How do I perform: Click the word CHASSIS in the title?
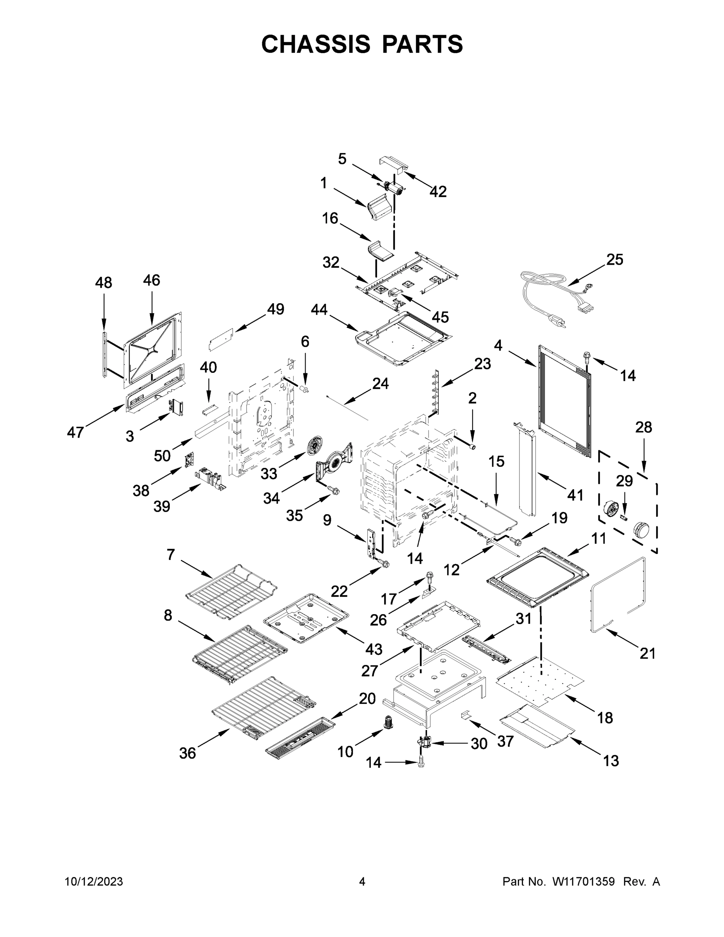(316, 44)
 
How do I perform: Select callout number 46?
(151, 280)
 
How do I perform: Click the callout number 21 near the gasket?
(648, 654)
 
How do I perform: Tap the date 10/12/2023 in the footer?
(94, 882)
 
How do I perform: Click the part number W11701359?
(583, 882)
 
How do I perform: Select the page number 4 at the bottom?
(362, 882)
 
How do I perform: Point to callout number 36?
(187, 753)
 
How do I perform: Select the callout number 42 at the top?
(438, 192)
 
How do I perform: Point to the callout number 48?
(103, 283)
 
